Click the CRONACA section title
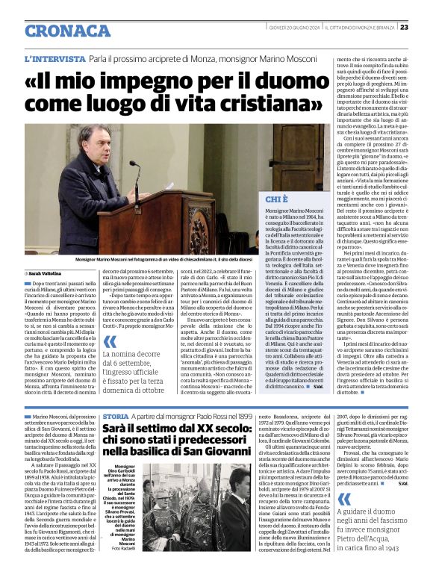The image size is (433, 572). click(68, 30)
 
